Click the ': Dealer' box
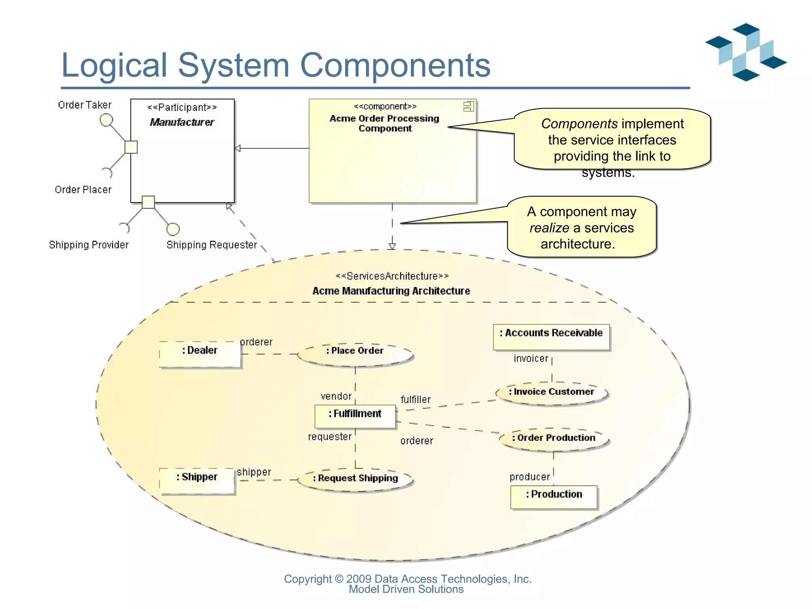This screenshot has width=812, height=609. [x=200, y=354]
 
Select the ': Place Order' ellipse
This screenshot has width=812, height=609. [x=355, y=354]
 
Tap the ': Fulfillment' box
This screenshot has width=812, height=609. [x=355, y=416]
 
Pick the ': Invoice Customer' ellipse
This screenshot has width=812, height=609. [x=552, y=393]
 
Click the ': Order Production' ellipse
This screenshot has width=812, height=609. [x=553, y=439]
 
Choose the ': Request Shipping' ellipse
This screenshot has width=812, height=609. [x=355, y=479]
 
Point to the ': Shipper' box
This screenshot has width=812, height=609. [x=197, y=481]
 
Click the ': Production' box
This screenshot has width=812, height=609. [x=554, y=497]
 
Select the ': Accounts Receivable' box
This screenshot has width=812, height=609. [x=551, y=337]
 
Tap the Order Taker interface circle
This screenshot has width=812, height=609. [x=106, y=120]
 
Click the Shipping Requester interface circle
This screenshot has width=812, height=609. [x=173, y=229]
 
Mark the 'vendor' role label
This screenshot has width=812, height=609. [x=336, y=396]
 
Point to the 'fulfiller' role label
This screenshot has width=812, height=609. [x=416, y=400]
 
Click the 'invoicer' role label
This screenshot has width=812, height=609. [x=530, y=358]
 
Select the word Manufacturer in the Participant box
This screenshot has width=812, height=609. [x=182, y=122]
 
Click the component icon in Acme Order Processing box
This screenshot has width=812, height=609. [x=468, y=106]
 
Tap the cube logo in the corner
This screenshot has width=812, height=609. [x=745, y=52]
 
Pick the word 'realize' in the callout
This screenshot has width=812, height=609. [x=549, y=228]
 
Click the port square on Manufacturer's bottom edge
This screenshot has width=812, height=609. [x=148, y=202]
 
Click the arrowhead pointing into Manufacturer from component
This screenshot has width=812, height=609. [x=237, y=149]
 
